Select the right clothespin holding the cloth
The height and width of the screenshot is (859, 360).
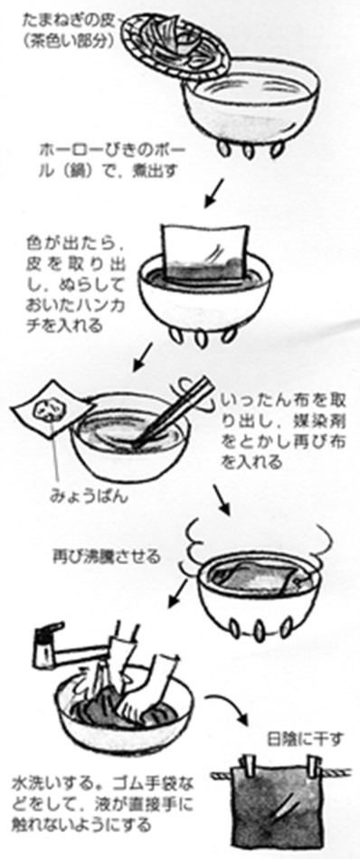pos(314,765)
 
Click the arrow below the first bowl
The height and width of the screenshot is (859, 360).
pos(213,194)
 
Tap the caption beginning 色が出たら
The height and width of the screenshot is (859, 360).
pos(71,284)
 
